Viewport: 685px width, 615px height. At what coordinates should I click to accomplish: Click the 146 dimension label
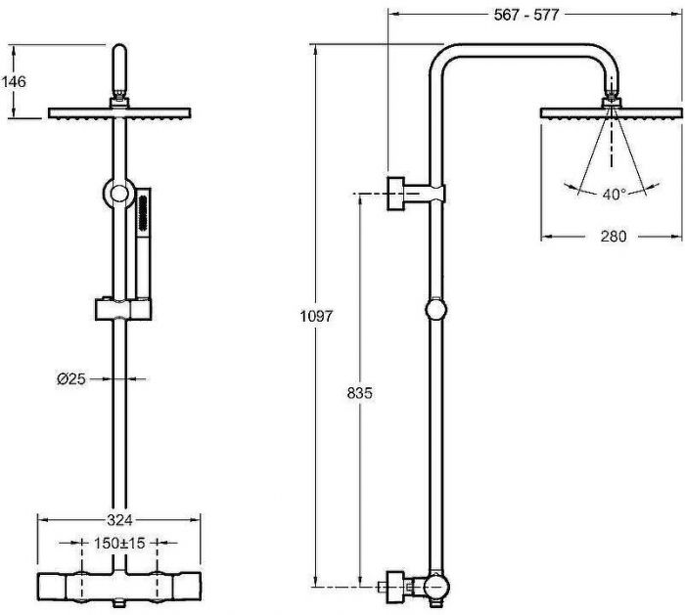[14, 81]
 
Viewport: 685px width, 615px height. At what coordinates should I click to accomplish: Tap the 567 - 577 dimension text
[526, 15]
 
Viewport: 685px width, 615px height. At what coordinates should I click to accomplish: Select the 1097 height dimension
[316, 316]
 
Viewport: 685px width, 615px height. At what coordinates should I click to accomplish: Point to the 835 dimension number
[359, 393]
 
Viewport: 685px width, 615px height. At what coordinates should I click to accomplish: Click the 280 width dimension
[614, 237]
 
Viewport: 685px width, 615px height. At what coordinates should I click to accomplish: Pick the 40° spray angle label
[615, 195]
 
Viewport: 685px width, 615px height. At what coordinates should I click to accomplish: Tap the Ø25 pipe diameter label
[70, 378]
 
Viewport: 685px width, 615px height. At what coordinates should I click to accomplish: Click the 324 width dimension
[119, 520]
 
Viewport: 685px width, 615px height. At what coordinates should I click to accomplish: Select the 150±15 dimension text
[119, 543]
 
